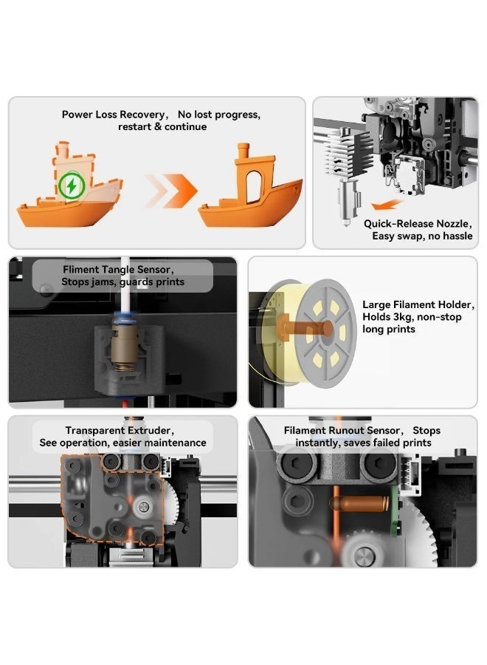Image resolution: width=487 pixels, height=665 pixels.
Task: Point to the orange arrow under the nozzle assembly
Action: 387,205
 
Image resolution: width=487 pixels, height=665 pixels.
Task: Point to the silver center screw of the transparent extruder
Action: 144,506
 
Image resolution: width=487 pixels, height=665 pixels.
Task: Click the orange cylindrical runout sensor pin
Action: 359,503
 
